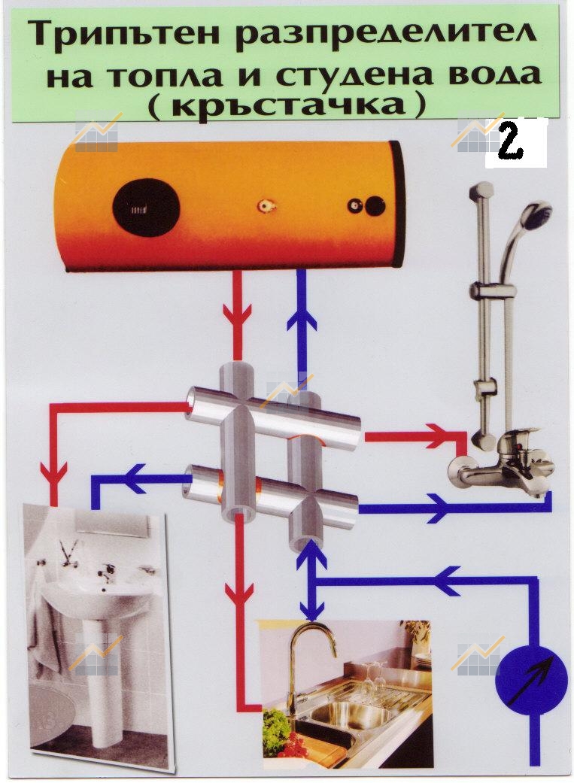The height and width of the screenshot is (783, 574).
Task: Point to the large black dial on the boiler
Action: (146, 206)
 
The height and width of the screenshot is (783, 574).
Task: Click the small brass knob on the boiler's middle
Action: (264, 206)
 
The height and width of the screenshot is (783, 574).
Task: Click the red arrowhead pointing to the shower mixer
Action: (439, 436)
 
